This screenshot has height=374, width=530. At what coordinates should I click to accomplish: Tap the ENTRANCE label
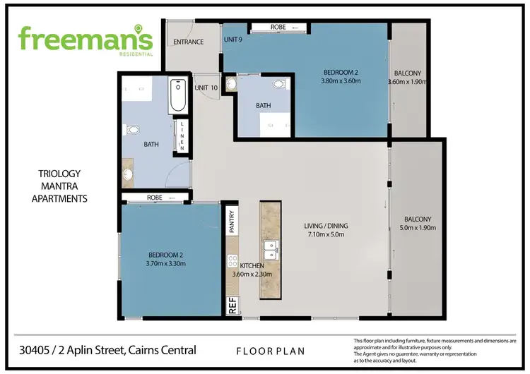tap(189, 42)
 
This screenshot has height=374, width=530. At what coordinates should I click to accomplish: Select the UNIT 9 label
tap(233, 40)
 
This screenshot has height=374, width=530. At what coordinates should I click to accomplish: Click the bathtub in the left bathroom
tap(177, 96)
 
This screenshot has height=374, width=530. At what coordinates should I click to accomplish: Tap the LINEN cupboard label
tap(182, 136)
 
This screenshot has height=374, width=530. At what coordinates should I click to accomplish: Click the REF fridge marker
tap(231, 306)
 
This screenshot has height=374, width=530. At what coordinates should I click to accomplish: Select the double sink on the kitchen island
tap(270, 251)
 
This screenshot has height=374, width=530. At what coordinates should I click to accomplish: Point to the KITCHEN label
tap(252, 267)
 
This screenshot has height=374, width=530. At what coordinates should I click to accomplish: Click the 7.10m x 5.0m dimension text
tap(326, 236)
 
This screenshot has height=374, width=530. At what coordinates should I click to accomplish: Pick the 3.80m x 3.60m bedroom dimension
tap(341, 81)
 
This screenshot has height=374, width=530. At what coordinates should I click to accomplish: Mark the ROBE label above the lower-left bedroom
tap(155, 198)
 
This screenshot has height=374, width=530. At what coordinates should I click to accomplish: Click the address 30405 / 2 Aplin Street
tap(106, 349)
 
